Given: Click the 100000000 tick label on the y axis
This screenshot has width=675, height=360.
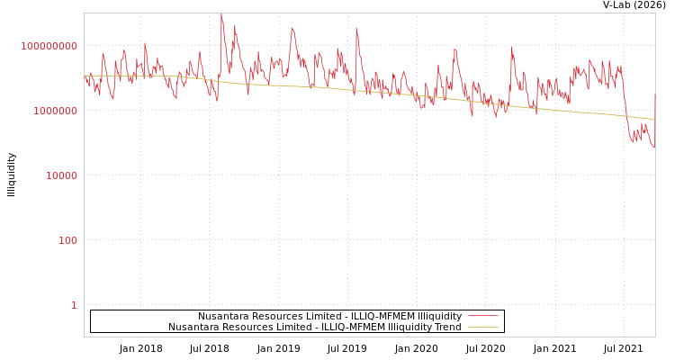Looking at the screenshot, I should click(49, 46).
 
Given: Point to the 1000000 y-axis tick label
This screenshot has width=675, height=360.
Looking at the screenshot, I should click(54, 111).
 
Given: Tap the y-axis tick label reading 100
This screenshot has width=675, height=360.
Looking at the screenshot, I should click(67, 240).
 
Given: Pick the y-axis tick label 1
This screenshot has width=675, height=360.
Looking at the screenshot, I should click(74, 305).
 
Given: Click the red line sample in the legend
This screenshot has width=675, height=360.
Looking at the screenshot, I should click(482, 317).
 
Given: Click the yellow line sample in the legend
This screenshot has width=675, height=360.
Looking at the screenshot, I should click(482, 328).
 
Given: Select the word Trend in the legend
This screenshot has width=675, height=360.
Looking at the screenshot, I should click(446, 328).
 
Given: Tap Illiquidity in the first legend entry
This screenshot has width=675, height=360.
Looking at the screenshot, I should click(433, 317).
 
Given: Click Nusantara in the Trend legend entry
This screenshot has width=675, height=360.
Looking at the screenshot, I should click(193, 328).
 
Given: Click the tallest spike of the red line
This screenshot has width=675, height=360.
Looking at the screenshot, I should click(221, 15).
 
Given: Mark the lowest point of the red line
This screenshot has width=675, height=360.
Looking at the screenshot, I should click(653, 147).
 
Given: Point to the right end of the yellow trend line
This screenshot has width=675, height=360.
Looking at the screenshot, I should click(654, 120).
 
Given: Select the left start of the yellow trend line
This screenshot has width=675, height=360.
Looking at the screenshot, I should click(85, 76).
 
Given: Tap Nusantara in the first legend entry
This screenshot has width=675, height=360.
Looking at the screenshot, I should click(222, 317).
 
